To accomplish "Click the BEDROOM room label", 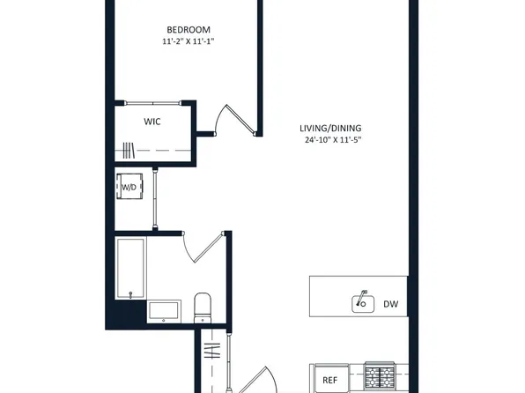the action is pyautogui.click(x=189, y=30).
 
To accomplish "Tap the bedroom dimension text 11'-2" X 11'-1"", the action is pyautogui.click(x=189, y=41).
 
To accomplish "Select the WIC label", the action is pyautogui.click(x=152, y=122).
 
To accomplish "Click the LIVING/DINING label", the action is pyautogui.click(x=330, y=129).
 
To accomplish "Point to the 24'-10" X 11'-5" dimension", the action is pyautogui.click(x=334, y=140).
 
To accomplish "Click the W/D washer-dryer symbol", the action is pyautogui.click(x=129, y=187).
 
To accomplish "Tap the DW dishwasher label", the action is pyautogui.click(x=391, y=304).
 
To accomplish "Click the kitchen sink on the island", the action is pyautogui.click(x=363, y=302).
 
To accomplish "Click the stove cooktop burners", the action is pyautogui.click(x=380, y=375).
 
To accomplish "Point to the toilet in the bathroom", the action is pyautogui.click(x=203, y=308).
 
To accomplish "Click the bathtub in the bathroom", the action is pyautogui.click(x=130, y=268).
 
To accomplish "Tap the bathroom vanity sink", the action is pyautogui.click(x=164, y=311).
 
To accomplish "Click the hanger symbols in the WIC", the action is pyautogui.click(x=129, y=150).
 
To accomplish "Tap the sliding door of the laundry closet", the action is pyautogui.click(x=155, y=199).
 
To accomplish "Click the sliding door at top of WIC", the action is pyautogui.click(x=152, y=103).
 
